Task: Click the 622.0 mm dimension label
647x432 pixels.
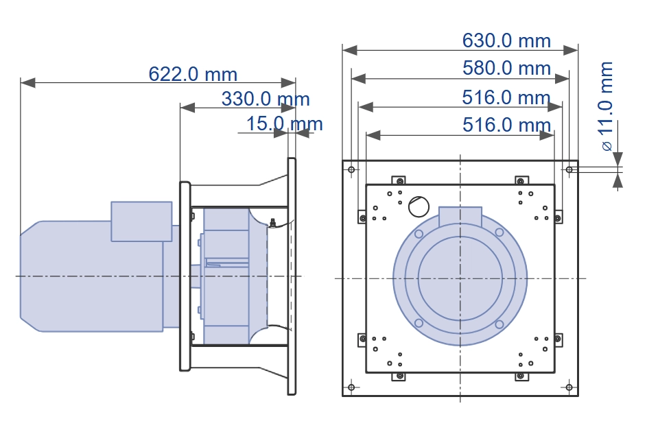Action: pyautogui.click(x=193, y=74)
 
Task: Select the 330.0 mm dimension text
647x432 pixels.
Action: pyautogui.click(x=266, y=99)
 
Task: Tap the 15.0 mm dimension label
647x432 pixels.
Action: pyautogui.click(x=284, y=123)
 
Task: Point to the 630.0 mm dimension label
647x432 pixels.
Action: pyautogui.click(x=506, y=40)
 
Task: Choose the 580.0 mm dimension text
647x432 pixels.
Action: pyautogui.click(x=506, y=68)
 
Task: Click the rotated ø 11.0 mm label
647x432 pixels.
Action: pyautogui.click(x=606, y=106)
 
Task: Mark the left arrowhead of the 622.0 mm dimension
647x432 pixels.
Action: pyautogui.click(x=27, y=82)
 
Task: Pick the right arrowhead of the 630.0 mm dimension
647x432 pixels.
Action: pyautogui.click(x=571, y=50)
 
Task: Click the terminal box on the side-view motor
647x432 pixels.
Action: pyautogui.click(x=141, y=221)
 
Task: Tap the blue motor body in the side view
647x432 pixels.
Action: pyautogui.click(x=92, y=276)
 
